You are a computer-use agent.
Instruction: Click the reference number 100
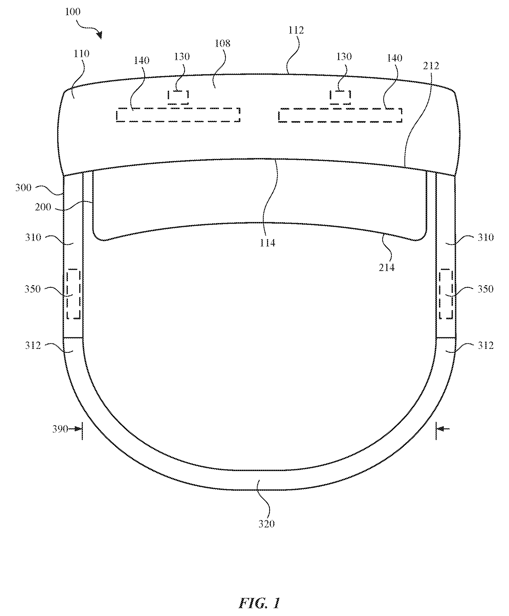coord(72,12)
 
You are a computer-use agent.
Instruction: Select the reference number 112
coord(296,30)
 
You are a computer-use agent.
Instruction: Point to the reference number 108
coord(223,44)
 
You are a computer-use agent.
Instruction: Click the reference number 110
coord(81,54)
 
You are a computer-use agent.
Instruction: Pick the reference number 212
coord(431,66)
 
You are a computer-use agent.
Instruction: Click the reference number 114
coord(267,243)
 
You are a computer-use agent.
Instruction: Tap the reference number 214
coord(386,268)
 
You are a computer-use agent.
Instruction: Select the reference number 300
coord(23,188)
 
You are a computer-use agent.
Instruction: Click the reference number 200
coord(43,207)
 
